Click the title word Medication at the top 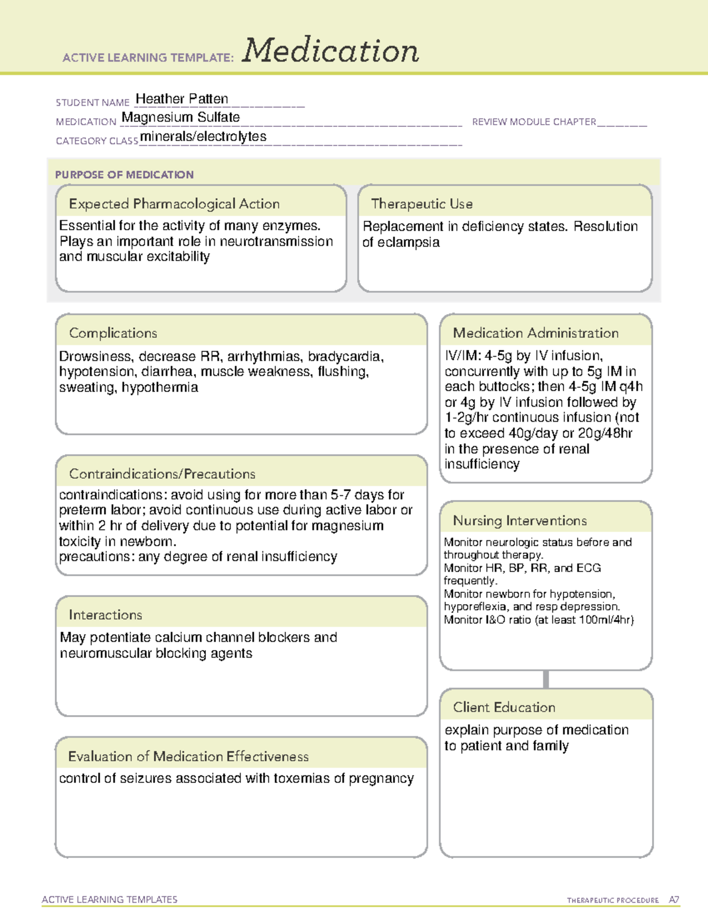(x=330, y=51)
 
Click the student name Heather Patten (x=182, y=99)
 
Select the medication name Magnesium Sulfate (x=181, y=118)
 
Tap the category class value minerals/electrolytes (x=203, y=136)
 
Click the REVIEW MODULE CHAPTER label (x=534, y=122)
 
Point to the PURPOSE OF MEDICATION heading (x=124, y=175)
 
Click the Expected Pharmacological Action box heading (x=174, y=204)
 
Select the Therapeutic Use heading (x=421, y=204)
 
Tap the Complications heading (x=113, y=333)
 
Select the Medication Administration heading (x=535, y=333)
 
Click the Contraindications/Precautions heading (x=162, y=474)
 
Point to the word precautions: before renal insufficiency (x=97, y=557)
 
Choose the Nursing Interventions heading (x=519, y=521)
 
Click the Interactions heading (x=105, y=615)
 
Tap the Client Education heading (x=504, y=707)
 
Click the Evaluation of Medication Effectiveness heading (x=188, y=756)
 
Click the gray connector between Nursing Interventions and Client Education (x=546, y=679)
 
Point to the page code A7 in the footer (x=674, y=900)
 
